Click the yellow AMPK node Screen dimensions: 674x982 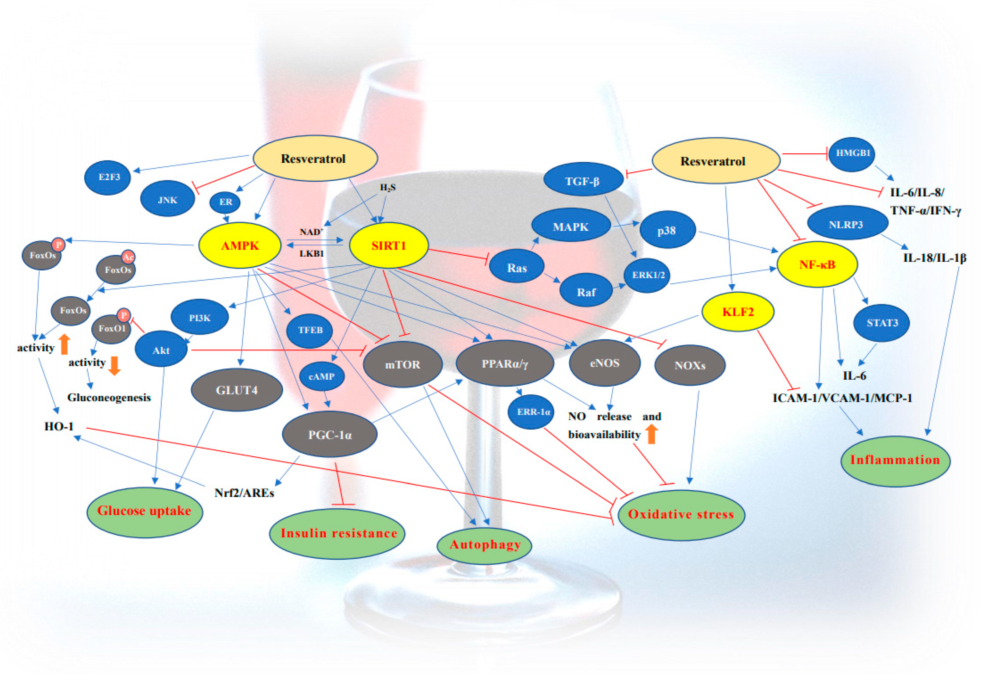tap(240, 246)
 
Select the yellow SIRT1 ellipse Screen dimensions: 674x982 tap(388, 246)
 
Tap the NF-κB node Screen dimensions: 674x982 tap(817, 265)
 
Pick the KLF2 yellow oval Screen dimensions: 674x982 tap(738, 312)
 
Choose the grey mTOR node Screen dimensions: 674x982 tap(402, 365)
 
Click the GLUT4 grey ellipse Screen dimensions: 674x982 tap(237, 390)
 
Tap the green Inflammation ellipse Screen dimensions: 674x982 tap(895, 461)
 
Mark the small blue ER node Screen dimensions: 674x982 tap(225, 202)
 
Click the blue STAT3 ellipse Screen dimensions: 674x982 tap(882, 323)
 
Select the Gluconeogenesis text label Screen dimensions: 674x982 tap(109, 397)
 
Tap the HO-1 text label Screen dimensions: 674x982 tap(59, 426)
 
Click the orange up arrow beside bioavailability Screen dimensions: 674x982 tap(651, 434)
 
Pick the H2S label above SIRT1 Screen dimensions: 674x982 tap(388, 187)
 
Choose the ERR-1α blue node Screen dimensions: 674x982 tap(533, 411)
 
